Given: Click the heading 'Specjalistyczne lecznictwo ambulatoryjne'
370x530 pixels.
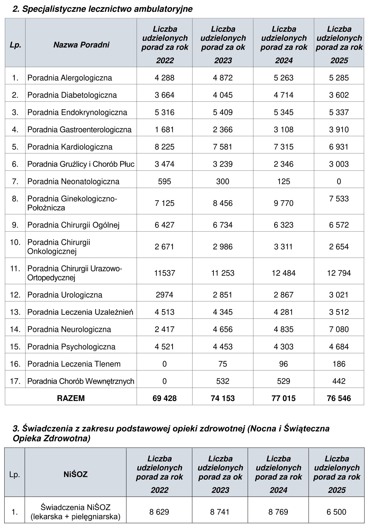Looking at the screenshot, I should (102, 9).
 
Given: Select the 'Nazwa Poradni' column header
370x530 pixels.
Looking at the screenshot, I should (81, 45).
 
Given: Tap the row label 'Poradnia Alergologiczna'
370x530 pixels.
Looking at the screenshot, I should (69, 78).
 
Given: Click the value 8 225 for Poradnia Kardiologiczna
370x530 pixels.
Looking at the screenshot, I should (164, 147).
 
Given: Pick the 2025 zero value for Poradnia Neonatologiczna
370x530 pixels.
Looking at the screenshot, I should (339, 181).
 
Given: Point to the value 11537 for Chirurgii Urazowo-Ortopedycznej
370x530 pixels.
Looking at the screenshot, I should (164, 273).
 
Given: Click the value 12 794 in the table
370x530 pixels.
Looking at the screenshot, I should (339, 273).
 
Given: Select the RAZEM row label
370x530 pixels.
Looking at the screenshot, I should (71, 398).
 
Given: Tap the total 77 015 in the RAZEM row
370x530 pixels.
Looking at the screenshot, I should (284, 398).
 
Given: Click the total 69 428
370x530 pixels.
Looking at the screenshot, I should (164, 398).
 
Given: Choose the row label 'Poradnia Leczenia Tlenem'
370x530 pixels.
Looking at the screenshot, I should (74, 364).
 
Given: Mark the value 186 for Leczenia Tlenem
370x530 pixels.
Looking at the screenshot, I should (339, 364).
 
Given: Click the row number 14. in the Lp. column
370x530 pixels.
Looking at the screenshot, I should (15, 329).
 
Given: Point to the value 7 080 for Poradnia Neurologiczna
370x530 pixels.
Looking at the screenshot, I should (339, 329).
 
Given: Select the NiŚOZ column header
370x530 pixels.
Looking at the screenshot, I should (75, 474).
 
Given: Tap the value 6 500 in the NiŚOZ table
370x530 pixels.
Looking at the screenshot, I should (336, 512).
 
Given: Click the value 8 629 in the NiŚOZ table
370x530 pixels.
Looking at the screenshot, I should (159, 512).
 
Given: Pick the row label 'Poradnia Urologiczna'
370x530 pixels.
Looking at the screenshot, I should (65, 295).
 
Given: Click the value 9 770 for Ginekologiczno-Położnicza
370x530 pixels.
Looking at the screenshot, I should (284, 203).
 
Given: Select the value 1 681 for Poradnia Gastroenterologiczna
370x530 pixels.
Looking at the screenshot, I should (164, 129).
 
